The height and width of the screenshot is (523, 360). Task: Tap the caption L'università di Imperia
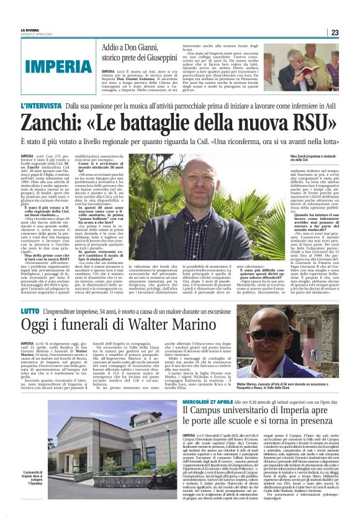[x=36, y=476]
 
